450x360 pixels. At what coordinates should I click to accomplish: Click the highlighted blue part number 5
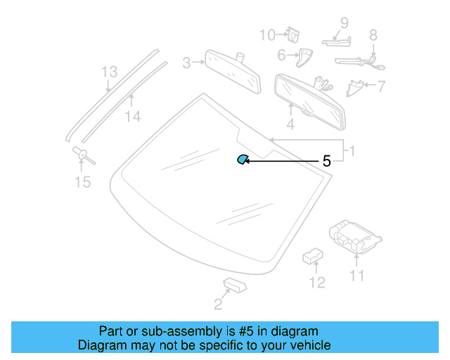(241, 160)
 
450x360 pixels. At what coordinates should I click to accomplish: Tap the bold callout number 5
(326, 161)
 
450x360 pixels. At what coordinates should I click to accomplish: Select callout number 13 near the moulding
(109, 72)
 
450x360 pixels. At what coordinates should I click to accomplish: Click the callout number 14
(133, 117)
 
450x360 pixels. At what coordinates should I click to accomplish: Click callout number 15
(83, 183)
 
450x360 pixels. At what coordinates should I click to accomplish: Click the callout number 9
(345, 23)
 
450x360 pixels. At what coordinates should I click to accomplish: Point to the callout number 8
(373, 34)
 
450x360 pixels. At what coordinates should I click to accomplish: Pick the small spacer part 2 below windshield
(233, 283)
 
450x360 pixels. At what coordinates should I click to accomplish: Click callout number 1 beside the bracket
(352, 150)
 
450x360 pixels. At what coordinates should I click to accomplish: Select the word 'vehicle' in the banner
(308, 345)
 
